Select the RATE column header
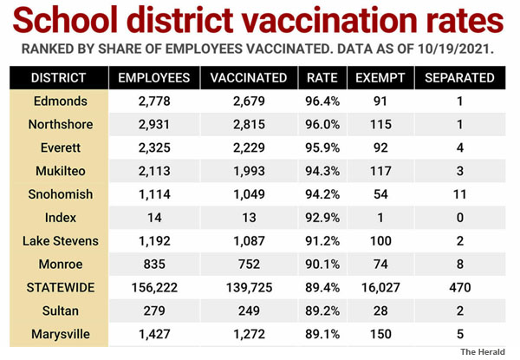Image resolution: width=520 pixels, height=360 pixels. pyautogui.click(x=322, y=78)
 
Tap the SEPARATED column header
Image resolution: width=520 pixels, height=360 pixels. pyautogui.click(x=459, y=78)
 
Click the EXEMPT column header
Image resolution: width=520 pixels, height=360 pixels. pyautogui.click(x=380, y=78)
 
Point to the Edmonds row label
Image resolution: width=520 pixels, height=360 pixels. pyautogui.click(x=61, y=101)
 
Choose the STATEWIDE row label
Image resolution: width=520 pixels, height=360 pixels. pyautogui.click(x=61, y=287)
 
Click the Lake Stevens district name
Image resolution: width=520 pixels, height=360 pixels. pyautogui.click(x=61, y=241)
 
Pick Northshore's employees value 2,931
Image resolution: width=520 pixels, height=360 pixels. pyautogui.click(x=154, y=124)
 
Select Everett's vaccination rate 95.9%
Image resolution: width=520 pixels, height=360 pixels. pyautogui.click(x=322, y=147)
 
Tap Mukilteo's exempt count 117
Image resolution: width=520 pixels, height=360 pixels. pyautogui.click(x=380, y=171)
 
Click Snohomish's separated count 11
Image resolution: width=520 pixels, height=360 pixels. pyautogui.click(x=459, y=194)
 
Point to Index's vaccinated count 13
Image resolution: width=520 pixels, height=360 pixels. pyautogui.click(x=249, y=218)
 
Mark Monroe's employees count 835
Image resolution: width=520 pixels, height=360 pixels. pyautogui.click(x=154, y=264)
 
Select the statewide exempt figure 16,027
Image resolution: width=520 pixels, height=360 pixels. pyautogui.click(x=380, y=288)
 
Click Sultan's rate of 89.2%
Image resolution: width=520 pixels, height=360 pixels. pyautogui.click(x=322, y=311)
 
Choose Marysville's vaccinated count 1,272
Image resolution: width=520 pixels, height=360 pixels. pyautogui.click(x=249, y=334)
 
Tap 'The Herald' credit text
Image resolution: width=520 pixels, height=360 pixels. pyautogui.click(x=483, y=351)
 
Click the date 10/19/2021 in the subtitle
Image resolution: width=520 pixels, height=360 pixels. pyautogui.click(x=453, y=49)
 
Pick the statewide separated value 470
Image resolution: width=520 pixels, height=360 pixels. pyautogui.click(x=459, y=287)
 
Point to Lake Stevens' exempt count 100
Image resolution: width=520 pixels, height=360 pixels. pyautogui.click(x=380, y=241)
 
